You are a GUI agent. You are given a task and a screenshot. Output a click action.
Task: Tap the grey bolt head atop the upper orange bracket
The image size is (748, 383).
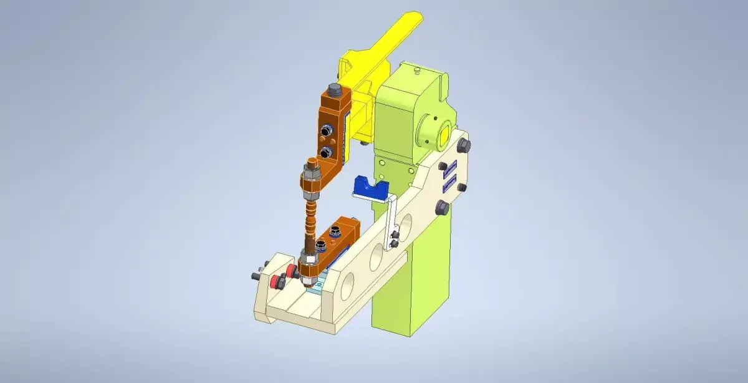tap(333, 89)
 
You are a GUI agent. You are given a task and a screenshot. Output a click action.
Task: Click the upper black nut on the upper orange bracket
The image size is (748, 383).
tap(325, 130)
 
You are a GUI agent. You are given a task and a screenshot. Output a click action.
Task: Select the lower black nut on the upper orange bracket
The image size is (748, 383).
tap(325, 153)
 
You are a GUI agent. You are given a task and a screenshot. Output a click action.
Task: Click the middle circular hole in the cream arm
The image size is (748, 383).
tap(376, 257)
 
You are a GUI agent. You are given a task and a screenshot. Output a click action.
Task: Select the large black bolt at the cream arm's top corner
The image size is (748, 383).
tap(464, 145)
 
